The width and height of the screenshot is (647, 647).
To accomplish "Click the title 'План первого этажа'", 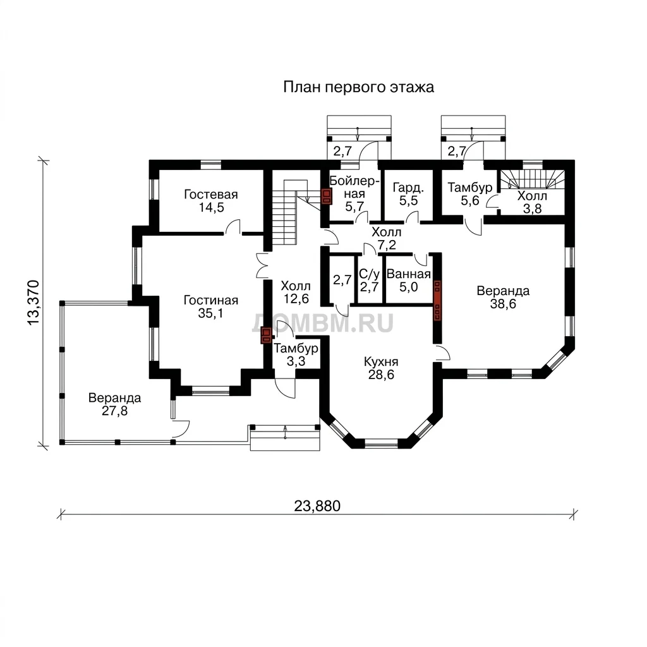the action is tap(358, 87).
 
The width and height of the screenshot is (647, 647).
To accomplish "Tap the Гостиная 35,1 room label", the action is tap(211, 306).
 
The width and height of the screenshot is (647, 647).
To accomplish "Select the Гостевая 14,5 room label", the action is tap(211, 200).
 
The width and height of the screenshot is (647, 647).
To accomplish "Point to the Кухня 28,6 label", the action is tap(381, 368).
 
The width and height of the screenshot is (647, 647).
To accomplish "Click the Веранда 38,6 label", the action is tap(503, 297).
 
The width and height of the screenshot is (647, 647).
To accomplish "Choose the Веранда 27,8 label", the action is tap(115, 404).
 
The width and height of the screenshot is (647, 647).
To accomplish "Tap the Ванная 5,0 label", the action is tap(409, 280).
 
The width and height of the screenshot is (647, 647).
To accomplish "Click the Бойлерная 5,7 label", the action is tap(354, 193).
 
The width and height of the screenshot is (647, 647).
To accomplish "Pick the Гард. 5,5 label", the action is tap(408, 194).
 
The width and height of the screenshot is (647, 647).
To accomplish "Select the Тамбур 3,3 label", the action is tap(296, 355).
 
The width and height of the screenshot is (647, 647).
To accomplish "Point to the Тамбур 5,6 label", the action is tap(470, 194).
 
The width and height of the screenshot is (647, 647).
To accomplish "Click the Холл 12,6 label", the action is tap(296, 292).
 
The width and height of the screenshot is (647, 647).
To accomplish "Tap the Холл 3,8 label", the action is tap(532, 202).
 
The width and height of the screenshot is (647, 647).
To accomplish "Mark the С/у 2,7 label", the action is tap(369, 280).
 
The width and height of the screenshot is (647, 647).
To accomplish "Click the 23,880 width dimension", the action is tap(317, 506).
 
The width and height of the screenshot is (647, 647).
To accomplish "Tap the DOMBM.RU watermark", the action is tap(323, 323).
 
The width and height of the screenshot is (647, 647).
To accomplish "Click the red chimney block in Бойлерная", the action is tap(327, 197).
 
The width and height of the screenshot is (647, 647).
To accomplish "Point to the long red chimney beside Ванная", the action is tap(437, 300).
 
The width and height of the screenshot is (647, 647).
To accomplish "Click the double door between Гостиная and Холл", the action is tap(261, 265).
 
